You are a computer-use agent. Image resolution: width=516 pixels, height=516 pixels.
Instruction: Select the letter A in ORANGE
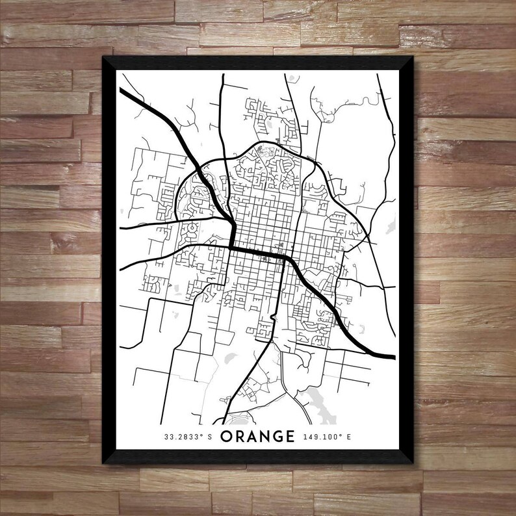[x=254, y=437]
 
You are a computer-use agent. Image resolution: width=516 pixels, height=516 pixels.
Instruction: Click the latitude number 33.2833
[x=183, y=437]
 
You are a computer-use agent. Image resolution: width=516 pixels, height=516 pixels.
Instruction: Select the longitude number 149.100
[x=321, y=437]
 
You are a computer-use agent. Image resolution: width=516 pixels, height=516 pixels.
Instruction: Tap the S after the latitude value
[x=210, y=437]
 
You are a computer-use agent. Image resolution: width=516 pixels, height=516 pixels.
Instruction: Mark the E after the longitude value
[x=348, y=437]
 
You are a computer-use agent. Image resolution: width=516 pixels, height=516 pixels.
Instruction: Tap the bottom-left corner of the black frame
[x=103, y=463]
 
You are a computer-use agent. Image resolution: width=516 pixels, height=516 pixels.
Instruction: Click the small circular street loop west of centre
[x=192, y=229]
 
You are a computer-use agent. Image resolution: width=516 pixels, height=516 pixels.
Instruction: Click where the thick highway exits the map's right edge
[x=394, y=357]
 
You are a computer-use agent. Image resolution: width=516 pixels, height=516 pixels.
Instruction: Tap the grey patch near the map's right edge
[x=390, y=225]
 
